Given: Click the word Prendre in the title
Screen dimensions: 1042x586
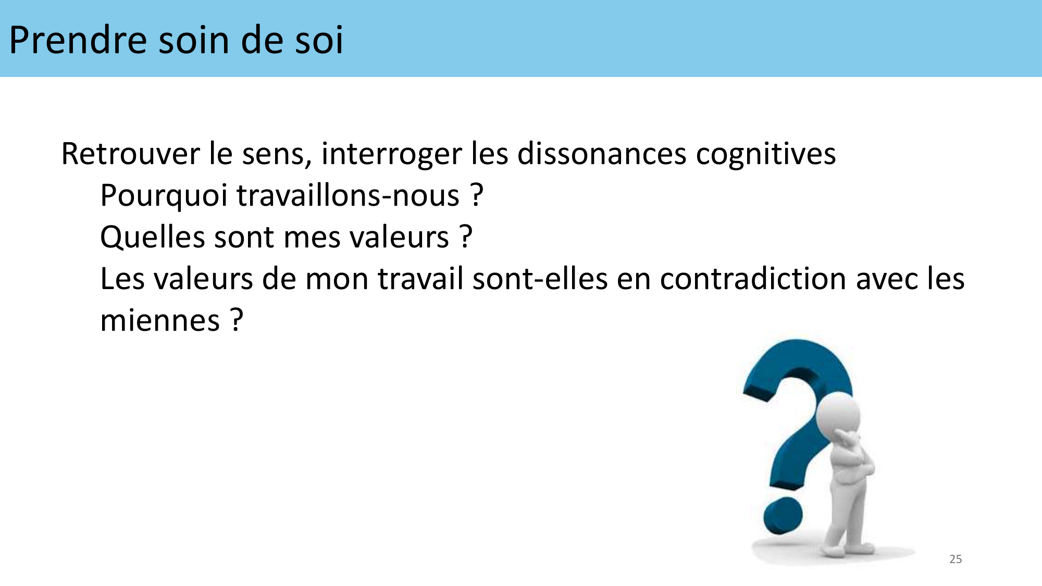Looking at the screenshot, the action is pos(78,40).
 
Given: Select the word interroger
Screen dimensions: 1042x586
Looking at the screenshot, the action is pos(391,155).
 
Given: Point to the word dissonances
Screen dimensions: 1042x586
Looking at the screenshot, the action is pos(602,154).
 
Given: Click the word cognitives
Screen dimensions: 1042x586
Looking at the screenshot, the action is pos(766,155).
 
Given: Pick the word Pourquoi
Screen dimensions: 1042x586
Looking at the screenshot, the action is pos(164,196).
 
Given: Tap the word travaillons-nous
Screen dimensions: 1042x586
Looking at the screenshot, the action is pos(348,195).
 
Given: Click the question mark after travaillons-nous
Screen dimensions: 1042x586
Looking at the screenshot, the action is pos(477,195).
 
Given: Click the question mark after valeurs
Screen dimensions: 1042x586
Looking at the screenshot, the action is pos(466,237).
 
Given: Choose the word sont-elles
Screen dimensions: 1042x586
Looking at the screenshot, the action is pos(540,279).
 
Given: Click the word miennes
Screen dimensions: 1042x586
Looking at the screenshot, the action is pos(160,321).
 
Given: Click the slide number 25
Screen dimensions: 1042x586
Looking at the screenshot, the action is pos(956,559).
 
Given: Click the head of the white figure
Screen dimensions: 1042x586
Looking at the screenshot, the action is pos(838,415).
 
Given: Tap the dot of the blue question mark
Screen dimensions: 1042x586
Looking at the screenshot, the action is pos(783,516).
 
